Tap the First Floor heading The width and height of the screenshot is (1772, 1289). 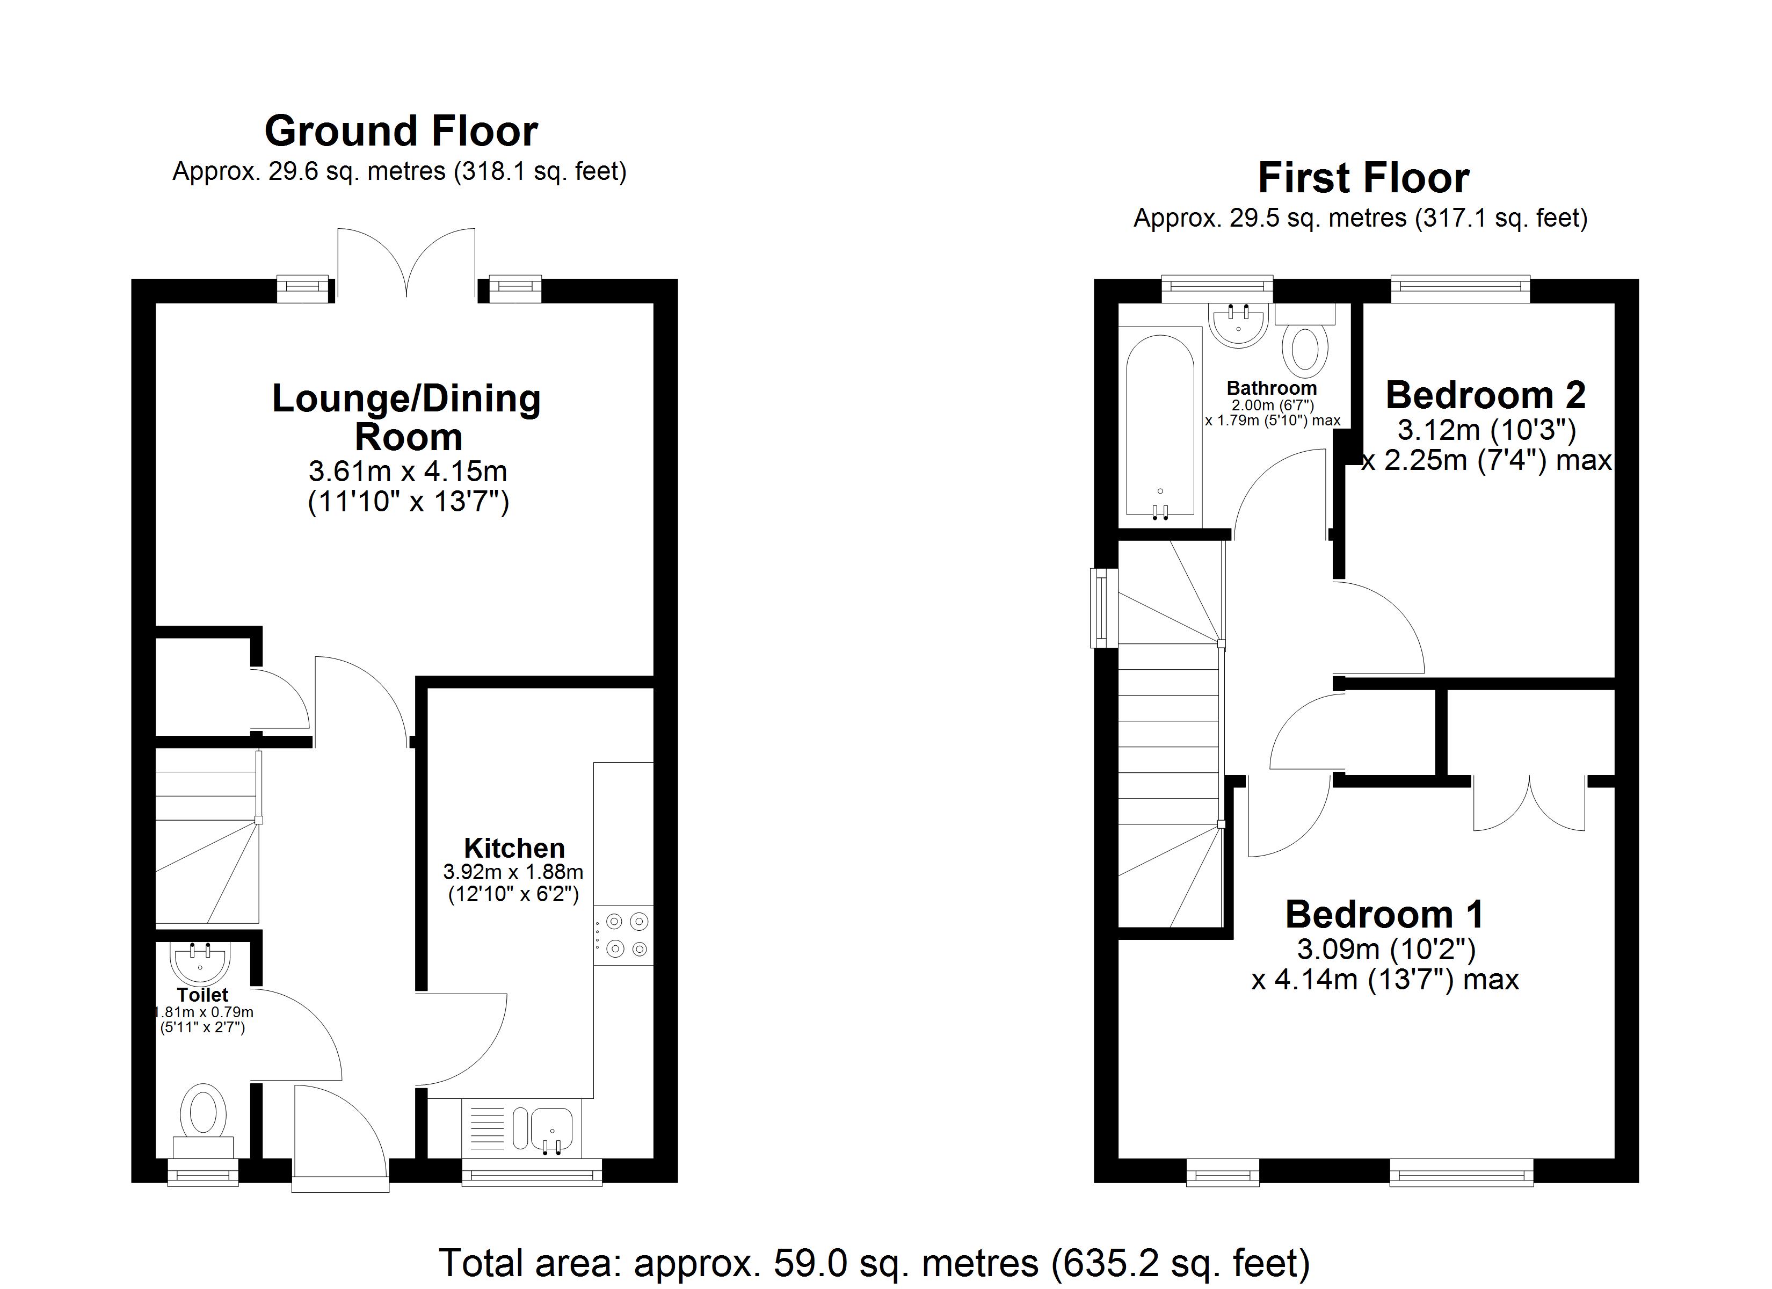[1363, 178]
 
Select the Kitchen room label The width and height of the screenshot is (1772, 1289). [514, 848]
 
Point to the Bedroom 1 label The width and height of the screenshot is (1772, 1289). [1384, 915]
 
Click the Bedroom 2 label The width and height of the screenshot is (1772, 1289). [1485, 395]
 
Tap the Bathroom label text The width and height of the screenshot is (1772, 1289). [1271, 388]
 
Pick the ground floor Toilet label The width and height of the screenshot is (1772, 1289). [202, 995]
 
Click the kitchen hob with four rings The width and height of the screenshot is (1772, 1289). [623, 935]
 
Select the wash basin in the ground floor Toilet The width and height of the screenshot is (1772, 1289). [200, 962]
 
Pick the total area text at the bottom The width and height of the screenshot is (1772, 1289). [874, 1263]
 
